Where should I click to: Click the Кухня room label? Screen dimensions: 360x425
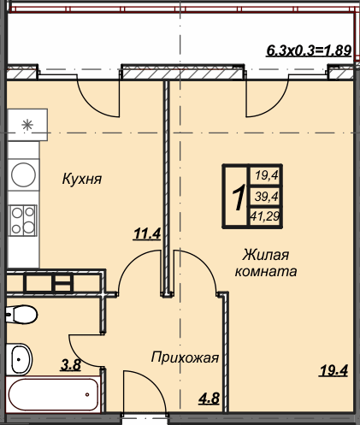click(x=82, y=180)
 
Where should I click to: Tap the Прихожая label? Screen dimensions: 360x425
click(x=185, y=357)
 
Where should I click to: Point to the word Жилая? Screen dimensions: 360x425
click(x=265, y=255)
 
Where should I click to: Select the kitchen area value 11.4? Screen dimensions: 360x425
click(x=147, y=234)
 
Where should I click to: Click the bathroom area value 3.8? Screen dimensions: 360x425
click(x=71, y=365)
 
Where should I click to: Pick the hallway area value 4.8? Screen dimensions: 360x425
click(x=209, y=398)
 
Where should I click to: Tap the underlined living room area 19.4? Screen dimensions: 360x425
click(x=334, y=371)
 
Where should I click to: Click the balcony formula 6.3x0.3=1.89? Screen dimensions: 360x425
click(x=309, y=50)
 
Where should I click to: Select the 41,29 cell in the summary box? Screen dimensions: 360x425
click(x=265, y=216)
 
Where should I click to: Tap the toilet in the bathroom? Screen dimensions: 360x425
click(x=21, y=315)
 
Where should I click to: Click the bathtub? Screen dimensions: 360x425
click(x=53, y=394)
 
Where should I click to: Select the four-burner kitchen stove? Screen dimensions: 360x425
click(x=23, y=221)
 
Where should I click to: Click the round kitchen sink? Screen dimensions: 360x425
click(x=23, y=174)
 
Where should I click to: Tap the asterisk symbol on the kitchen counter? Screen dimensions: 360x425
click(x=27, y=125)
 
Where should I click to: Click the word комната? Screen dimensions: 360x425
click(x=266, y=271)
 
